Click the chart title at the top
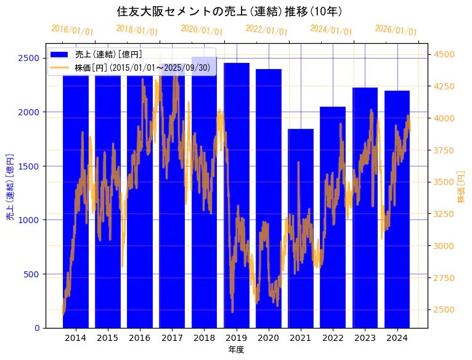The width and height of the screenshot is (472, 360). pyautogui.click(x=229, y=12)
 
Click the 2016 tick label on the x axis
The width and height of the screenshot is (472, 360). pyautogui.click(x=140, y=338)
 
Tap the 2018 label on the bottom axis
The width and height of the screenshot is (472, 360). pyautogui.click(x=204, y=338)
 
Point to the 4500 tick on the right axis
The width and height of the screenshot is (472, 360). pyautogui.click(x=444, y=54)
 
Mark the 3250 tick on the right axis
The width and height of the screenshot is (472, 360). pyautogui.click(x=444, y=214)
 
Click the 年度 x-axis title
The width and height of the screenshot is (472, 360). pyautogui.click(x=236, y=350)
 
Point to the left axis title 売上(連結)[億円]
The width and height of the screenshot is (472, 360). pyautogui.click(x=10, y=187)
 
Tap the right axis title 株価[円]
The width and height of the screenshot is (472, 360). pyautogui.click(x=461, y=187)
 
